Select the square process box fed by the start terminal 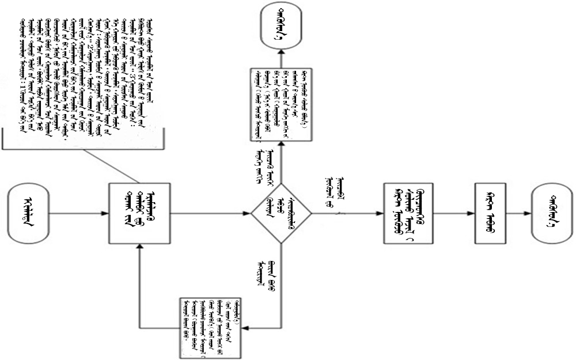click(x=141, y=213)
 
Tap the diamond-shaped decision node click(x=281, y=214)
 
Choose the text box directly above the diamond click(x=281, y=103)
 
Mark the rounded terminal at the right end click(x=551, y=214)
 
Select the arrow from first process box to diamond click(x=211, y=214)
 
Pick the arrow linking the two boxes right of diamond click(x=454, y=214)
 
